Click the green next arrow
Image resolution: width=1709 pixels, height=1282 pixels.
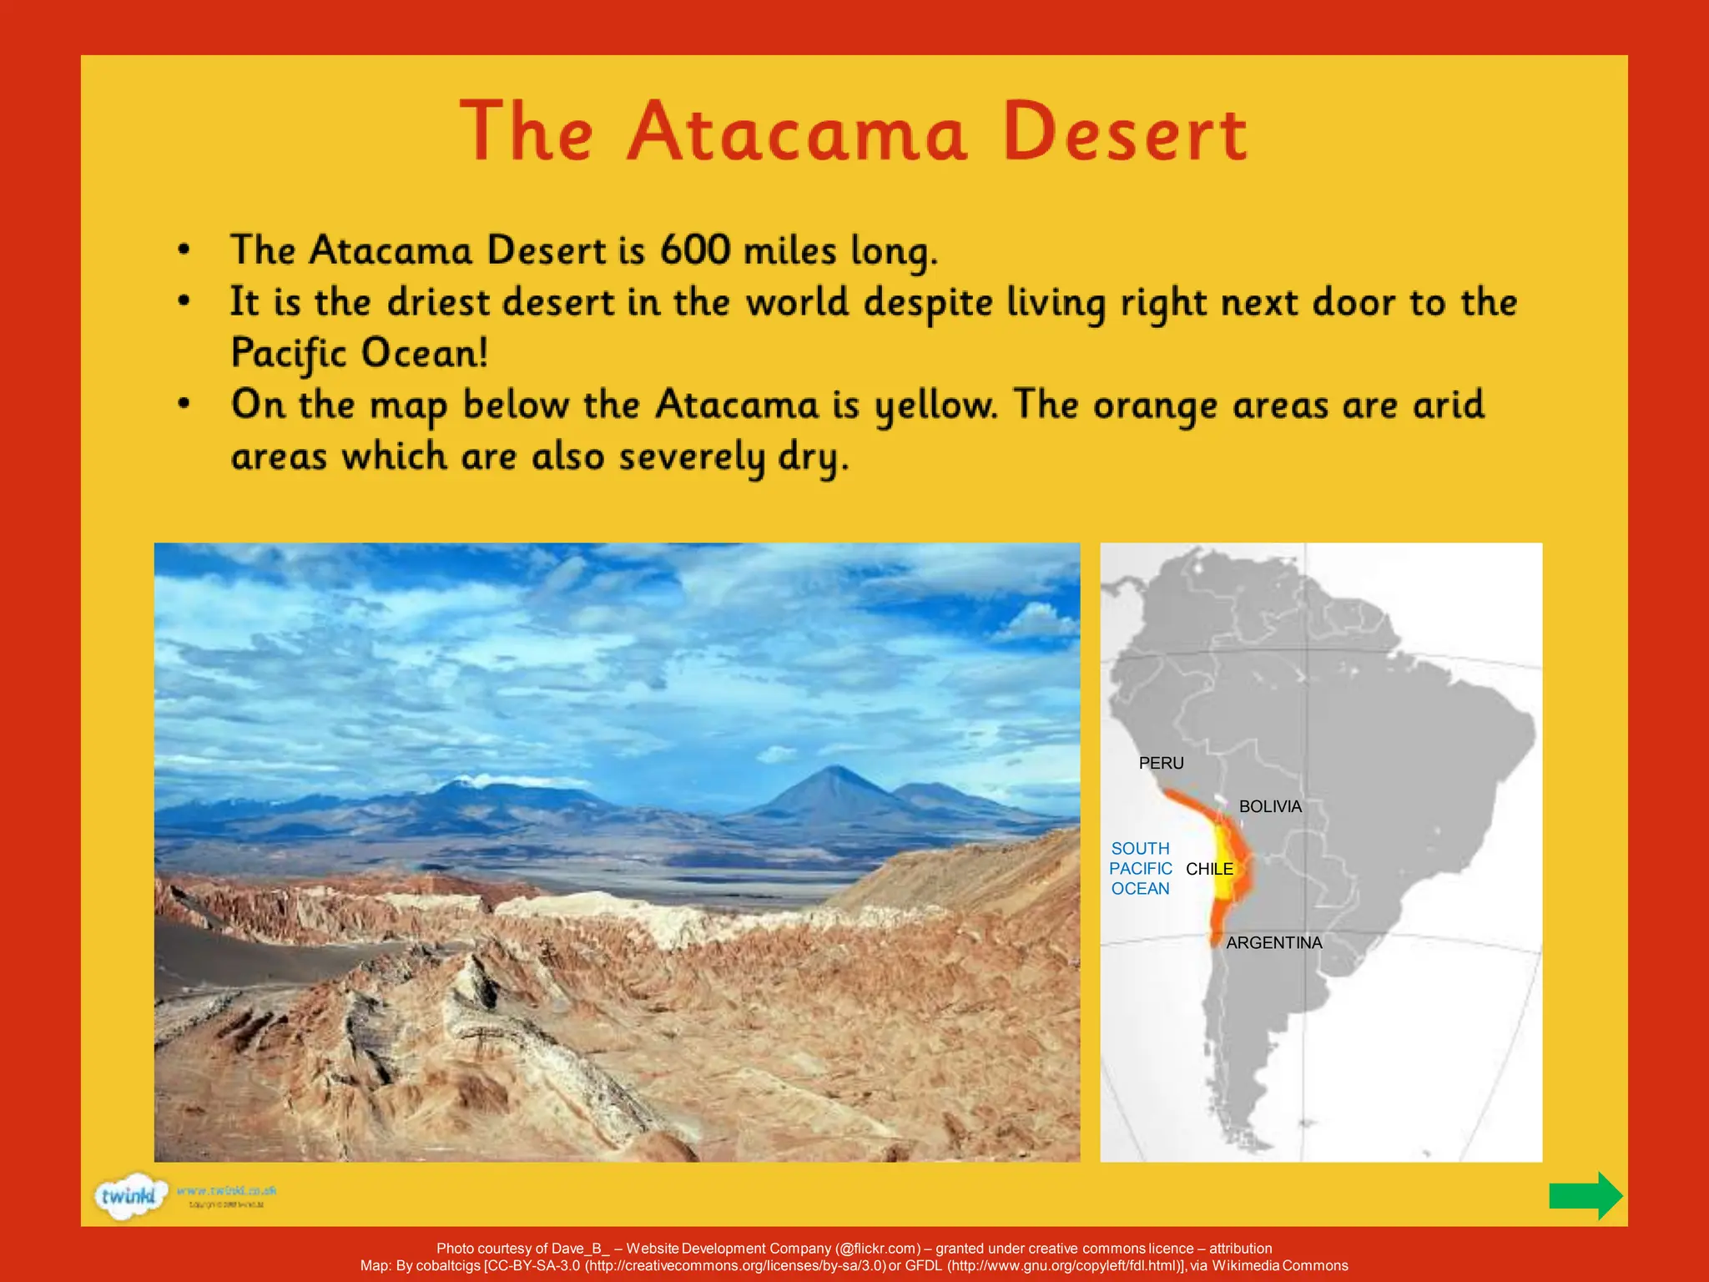(x=1585, y=1195)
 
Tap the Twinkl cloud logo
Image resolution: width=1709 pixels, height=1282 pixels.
(x=128, y=1197)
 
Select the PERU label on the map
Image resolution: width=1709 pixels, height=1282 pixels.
(x=1161, y=763)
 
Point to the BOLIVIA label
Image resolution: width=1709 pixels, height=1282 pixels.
(x=1269, y=806)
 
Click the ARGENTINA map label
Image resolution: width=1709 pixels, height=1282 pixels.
(x=1273, y=942)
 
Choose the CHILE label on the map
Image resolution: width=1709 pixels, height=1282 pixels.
(x=1208, y=869)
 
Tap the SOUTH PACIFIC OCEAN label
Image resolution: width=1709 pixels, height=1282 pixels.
(x=1140, y=869)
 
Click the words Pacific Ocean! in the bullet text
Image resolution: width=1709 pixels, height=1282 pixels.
(x=359, y=353)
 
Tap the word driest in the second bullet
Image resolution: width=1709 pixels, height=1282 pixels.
(x=438, y=302)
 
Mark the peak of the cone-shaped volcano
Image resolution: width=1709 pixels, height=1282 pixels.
(x=834, y=768)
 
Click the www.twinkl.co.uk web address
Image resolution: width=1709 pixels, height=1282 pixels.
(x=226, y=1190)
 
